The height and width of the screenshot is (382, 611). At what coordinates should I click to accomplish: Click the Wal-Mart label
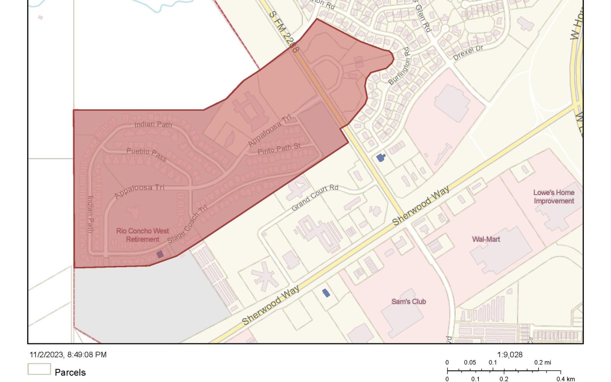coord(486,240)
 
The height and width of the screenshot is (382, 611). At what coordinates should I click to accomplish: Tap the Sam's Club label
coord(408,301)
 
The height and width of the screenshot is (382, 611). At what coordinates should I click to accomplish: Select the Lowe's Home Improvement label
coord(554,197)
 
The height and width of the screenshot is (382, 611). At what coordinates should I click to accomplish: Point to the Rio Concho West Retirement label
coord(142,235)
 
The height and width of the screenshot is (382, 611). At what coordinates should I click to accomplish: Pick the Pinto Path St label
coord(279,149)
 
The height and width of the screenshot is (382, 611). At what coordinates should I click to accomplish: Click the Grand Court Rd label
coord(315,198)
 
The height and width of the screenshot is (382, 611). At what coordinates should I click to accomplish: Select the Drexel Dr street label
coord(468,53)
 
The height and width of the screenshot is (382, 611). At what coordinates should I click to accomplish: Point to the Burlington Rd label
coord(399,66)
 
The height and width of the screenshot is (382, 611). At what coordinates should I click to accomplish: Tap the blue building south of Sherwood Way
coord(326,293)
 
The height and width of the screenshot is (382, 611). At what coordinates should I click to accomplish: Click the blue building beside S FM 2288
coord(380,157)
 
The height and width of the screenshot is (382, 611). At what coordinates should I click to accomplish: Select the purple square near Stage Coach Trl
coord(160,254)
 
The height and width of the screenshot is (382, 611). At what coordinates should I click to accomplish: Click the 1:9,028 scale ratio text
coord(509,355)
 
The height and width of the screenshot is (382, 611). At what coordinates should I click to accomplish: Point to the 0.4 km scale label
coord(565,379)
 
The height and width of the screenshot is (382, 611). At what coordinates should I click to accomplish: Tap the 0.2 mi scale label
coord(543,363)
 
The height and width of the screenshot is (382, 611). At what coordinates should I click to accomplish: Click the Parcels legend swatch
coord(39,369)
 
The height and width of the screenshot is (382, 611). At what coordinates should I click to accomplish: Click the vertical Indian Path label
coord(91,214)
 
